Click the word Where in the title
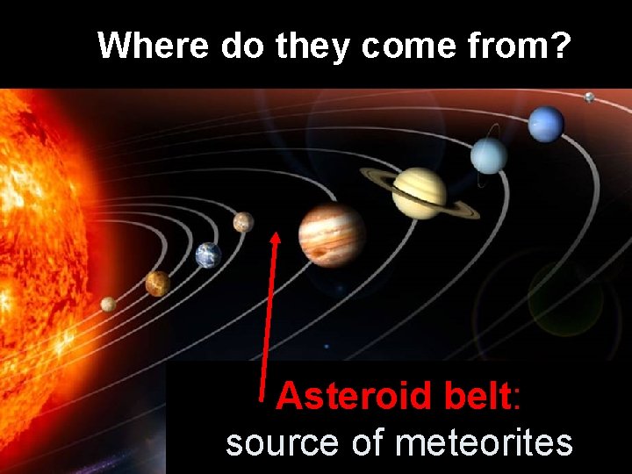coord(153,45)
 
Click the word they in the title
coord(312,45)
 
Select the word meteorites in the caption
coord(484,442)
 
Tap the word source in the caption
coord(281,442)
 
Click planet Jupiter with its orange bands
coord(331,234)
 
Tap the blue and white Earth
coord(208,255)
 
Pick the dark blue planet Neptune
coord(546,124)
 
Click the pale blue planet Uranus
coord(489,156)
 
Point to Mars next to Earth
coord(243,222)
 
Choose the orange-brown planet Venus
coord(158,283)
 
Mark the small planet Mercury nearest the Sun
coord(108,304)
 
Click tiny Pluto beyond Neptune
coord(589,97)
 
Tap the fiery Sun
coord(39,246)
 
